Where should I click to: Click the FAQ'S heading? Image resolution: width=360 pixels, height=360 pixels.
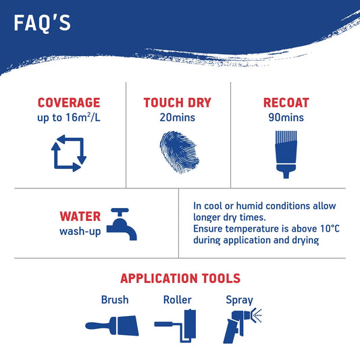tap(43, 23)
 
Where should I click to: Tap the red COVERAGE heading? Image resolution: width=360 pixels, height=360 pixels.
tap(69, 103)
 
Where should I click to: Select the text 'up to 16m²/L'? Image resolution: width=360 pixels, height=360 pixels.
tap(69, 118)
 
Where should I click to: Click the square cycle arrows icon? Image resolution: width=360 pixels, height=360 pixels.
tap(69, 153)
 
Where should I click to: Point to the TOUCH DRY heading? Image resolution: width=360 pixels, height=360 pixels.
tap(177, 103)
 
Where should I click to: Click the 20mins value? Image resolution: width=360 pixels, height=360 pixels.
tap(177, 118)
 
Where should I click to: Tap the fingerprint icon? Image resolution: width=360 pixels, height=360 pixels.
tap(179, 152)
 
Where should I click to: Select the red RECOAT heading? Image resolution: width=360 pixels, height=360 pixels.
tap(286, 103)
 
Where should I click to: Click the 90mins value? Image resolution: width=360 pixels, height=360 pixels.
tap(286, 118)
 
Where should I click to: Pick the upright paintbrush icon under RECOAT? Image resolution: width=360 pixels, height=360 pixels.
tap(286, 155)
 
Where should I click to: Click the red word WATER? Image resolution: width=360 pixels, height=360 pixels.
tap(80, 216)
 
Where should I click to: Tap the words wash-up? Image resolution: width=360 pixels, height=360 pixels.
tap(80, 231)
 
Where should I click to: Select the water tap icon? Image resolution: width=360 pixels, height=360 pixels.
tap(122, 224)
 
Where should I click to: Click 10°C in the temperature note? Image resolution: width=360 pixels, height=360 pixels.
tap(330, 229)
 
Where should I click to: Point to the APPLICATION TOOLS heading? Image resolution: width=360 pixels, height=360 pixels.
tap(180, 278)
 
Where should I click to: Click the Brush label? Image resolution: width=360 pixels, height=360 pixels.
tap(115, 300)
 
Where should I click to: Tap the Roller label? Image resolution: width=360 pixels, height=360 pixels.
tap(177, 300)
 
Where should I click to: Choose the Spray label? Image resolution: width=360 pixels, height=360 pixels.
tap(240, 301)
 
